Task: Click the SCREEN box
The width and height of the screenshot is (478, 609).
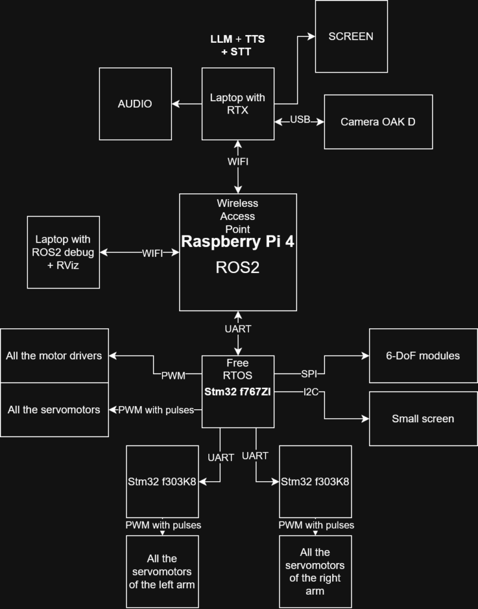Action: pyautogui.click(x=351, y=36)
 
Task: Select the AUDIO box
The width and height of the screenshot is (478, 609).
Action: pyautogui.click(x=135, y=104)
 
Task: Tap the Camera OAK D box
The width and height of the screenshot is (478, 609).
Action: pyautogui.click(x=378, y=122)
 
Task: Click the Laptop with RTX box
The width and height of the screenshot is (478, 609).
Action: pyautogui.click(x=238, y=104)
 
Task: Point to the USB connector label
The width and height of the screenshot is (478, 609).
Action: pyautogui.click(x=300, y=120)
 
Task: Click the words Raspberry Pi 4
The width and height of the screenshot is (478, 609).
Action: pyautogui.click(x=238, y=241)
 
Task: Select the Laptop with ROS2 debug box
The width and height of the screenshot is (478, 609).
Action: pyautogui.click(x=63, y=252)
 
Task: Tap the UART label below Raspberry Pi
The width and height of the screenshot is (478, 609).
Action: pyautogui.click(x=238, y=329)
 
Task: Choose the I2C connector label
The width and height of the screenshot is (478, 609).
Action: pyautogui.click(x=310, y=391)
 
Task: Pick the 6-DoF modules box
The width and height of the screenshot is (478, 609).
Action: pyautogui.click(x=423, y=356)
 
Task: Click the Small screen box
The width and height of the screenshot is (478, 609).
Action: pyautogui.click(x=423, y=419)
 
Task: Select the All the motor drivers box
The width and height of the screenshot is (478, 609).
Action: pyautogui.click(x=54, y=356)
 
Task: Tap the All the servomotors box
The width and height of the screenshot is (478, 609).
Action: pyautogui.click(x=54, y=410)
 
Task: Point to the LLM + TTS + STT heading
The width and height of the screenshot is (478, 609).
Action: pyautogui.click(x=238, y=45)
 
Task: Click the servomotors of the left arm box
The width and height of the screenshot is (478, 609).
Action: pyautogui.click(x=162, y=572)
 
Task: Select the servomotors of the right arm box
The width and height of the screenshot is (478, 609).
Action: pyautogui.click(x=315, y=572)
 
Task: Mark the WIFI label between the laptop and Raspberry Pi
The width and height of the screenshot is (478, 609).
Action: pyautogui.click(x=152, y=253)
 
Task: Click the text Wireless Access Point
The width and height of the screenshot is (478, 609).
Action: pyautogui.click(x=238, y=216)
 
